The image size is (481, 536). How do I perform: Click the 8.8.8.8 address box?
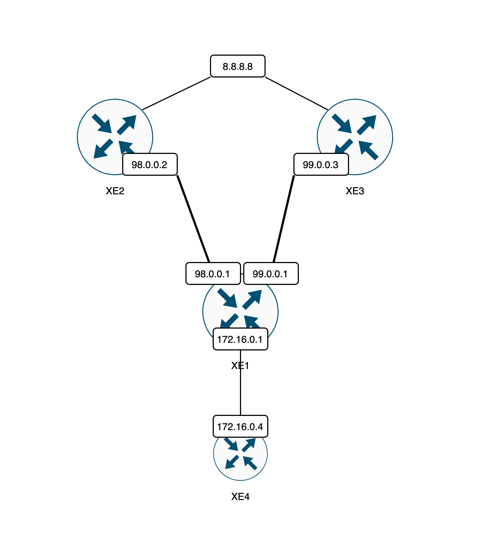point(238,66)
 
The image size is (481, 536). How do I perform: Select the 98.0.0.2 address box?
point(150,165)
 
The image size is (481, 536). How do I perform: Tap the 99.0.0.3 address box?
point(321,165)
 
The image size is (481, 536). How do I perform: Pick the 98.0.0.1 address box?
point(213,274)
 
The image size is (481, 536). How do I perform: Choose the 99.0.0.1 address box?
point(271,274)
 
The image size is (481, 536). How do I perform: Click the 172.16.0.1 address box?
point(240,339)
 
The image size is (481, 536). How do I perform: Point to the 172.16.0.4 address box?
point(240,427)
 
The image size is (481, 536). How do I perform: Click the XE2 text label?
point(115,191)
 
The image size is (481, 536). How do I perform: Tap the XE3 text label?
point(355,191)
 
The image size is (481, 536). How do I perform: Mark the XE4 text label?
point(240,496)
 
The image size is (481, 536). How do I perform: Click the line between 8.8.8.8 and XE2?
point(176,93)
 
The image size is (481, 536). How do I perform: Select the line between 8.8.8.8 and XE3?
point(296,93)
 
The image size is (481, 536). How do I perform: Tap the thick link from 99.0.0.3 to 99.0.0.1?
point(284,218)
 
